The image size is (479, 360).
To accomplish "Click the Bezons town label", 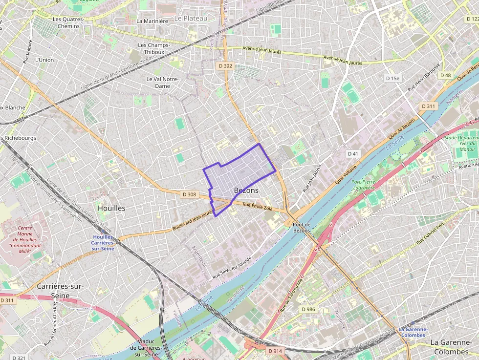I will point(246,190).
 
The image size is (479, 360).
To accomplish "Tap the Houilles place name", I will point(111,208).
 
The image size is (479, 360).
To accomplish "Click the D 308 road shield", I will point(189,194).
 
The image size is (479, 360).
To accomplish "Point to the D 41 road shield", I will point(353,153).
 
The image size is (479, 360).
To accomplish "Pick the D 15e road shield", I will point(392,78).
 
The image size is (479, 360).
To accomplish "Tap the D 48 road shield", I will point(445,75).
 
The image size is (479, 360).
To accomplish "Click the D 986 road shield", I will point(308,309).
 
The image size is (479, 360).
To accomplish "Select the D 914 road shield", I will point(275,351).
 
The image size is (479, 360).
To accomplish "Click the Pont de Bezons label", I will point(302,227).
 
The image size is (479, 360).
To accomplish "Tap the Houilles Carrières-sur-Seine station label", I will point(103,243).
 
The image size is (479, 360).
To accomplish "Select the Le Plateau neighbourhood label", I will point(191,18).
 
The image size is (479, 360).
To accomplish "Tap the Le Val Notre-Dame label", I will point(162,82).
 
